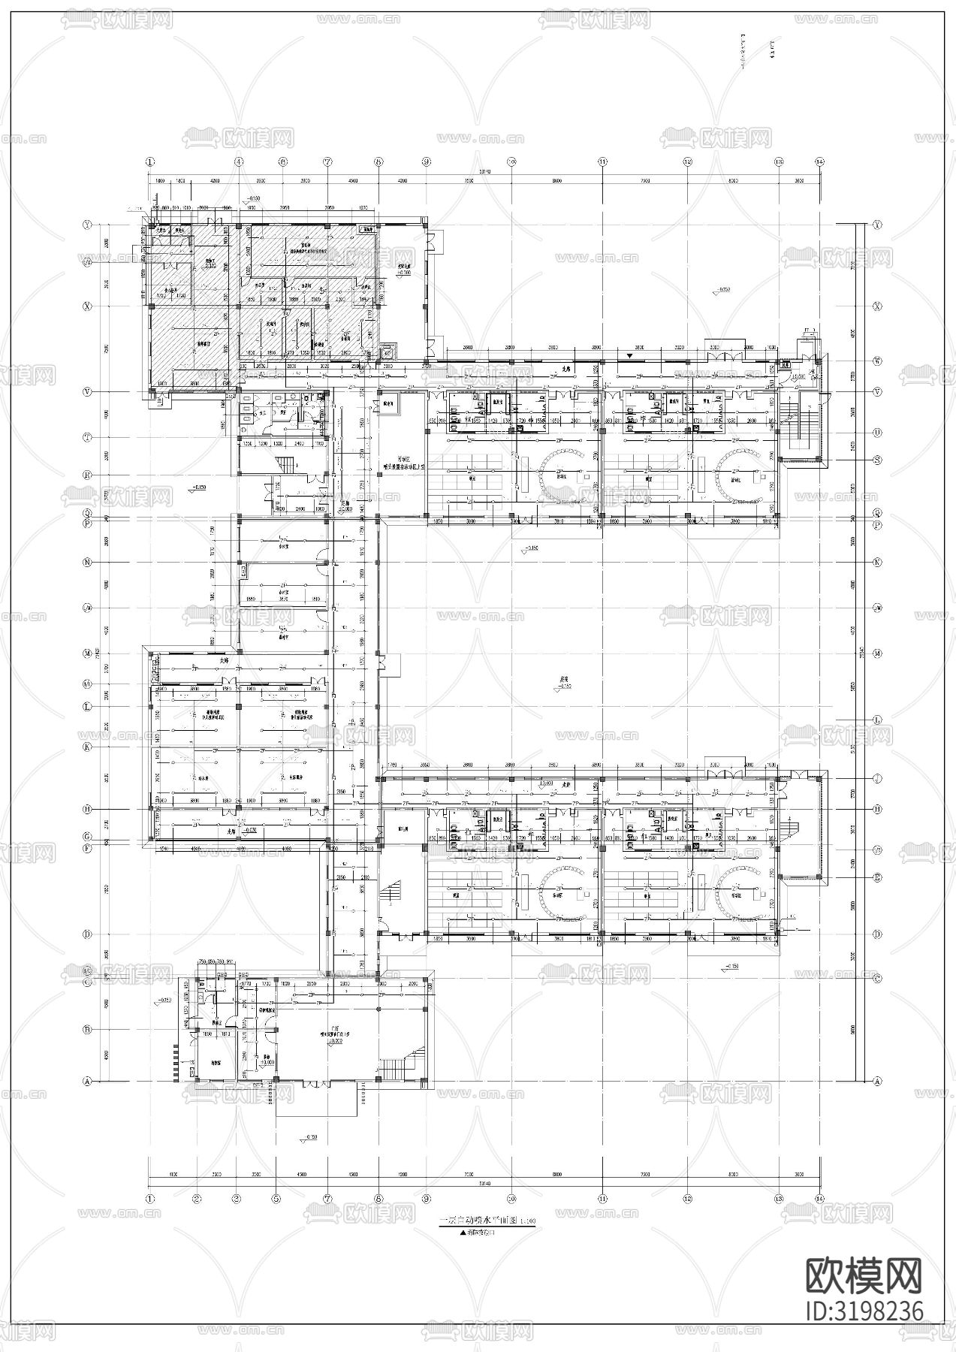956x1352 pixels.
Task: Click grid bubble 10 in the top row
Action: [511, 161]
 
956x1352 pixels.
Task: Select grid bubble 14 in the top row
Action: [819, 161]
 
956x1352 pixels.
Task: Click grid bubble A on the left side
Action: [86, 1081]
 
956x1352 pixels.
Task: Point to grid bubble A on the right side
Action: [877, 1081]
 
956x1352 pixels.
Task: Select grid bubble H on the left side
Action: [86, 809]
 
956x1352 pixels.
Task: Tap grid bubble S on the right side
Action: [877, 460]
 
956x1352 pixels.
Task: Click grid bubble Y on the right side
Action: [877, 225]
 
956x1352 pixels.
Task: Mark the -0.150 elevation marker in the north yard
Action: [721, 289]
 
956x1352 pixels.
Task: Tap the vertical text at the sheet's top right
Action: [773, 53]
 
